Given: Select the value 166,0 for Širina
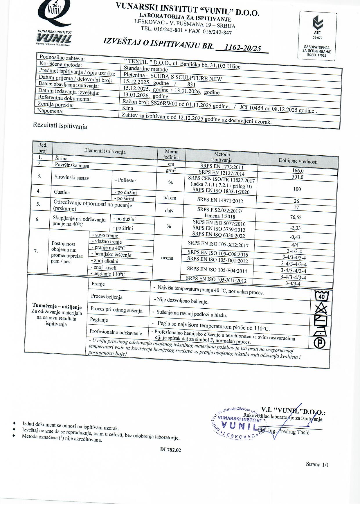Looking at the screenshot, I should (x=298, y=171).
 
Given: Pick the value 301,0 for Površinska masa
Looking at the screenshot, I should (x=298, y=177).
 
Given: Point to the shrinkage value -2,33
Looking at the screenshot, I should (x=295, y=228).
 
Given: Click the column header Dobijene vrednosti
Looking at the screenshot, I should (x=298, y=161).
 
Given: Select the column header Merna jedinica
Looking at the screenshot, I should (x=171, y=154).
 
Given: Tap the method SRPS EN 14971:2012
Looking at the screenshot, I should (x=220, y=200).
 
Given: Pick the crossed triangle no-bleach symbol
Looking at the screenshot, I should (x=321, y=308).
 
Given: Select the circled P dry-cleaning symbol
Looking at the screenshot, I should (x=320, y=343).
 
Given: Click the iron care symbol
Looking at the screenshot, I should (x=320, y=332).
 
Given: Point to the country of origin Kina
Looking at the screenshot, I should (x=128, y=108).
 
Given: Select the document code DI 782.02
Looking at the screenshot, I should (x=170, y=450).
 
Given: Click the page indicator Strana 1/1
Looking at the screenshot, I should (x=317, y=464).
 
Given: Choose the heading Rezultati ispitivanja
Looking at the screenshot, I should (x=60, y=125).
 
